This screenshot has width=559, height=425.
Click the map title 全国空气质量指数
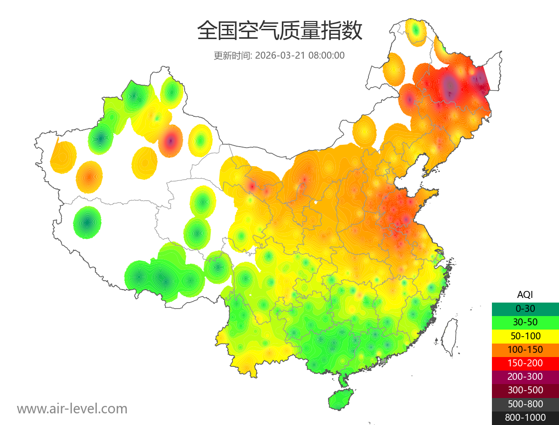click(x=279, y=31)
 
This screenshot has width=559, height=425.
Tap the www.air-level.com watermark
click(x=72, y=409)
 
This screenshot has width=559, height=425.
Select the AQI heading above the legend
click(x=525, y=294)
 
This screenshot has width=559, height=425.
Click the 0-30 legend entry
click(x=525, y=309)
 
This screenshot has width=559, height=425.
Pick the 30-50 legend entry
click(x=525, y=322)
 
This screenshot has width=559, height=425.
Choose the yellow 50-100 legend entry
click(x=525, y=336)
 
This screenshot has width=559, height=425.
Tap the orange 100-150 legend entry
click(x=525, y=349)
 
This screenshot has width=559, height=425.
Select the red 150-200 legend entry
click(x=525, y=363)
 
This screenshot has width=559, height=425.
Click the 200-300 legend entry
click(x=525, y=376)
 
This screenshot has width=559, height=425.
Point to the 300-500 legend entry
click(x=525, y=390)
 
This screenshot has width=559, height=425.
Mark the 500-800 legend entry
click(x=525, y=404)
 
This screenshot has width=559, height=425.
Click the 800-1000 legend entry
click(x=525, y=418)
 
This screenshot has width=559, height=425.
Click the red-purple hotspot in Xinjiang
click(x=170, y=141)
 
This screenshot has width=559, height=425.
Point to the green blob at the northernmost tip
click(x=416, y=32)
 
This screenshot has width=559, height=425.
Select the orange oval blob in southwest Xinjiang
click(x=89, y=177)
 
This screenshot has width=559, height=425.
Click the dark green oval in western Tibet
click(x=87, y=223)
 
